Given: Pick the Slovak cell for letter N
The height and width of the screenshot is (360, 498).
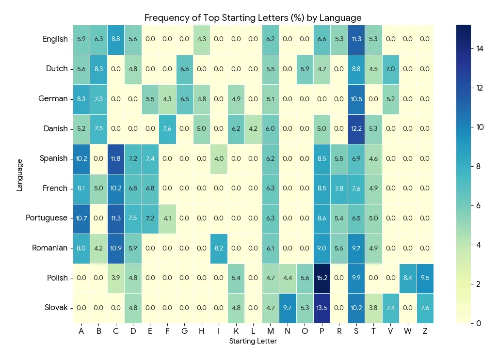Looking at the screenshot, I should point(288,308).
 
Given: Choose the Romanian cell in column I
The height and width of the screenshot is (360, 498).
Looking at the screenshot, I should point(219,248).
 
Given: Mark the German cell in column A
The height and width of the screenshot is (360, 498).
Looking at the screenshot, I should point(81,99).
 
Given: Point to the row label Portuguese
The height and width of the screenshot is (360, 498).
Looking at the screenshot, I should point(47,218).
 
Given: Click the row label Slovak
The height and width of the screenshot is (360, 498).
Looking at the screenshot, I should point(56,308).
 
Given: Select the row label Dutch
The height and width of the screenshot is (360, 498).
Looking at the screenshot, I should point(57,69).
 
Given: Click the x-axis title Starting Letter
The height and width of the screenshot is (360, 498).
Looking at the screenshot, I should point(253,342).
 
